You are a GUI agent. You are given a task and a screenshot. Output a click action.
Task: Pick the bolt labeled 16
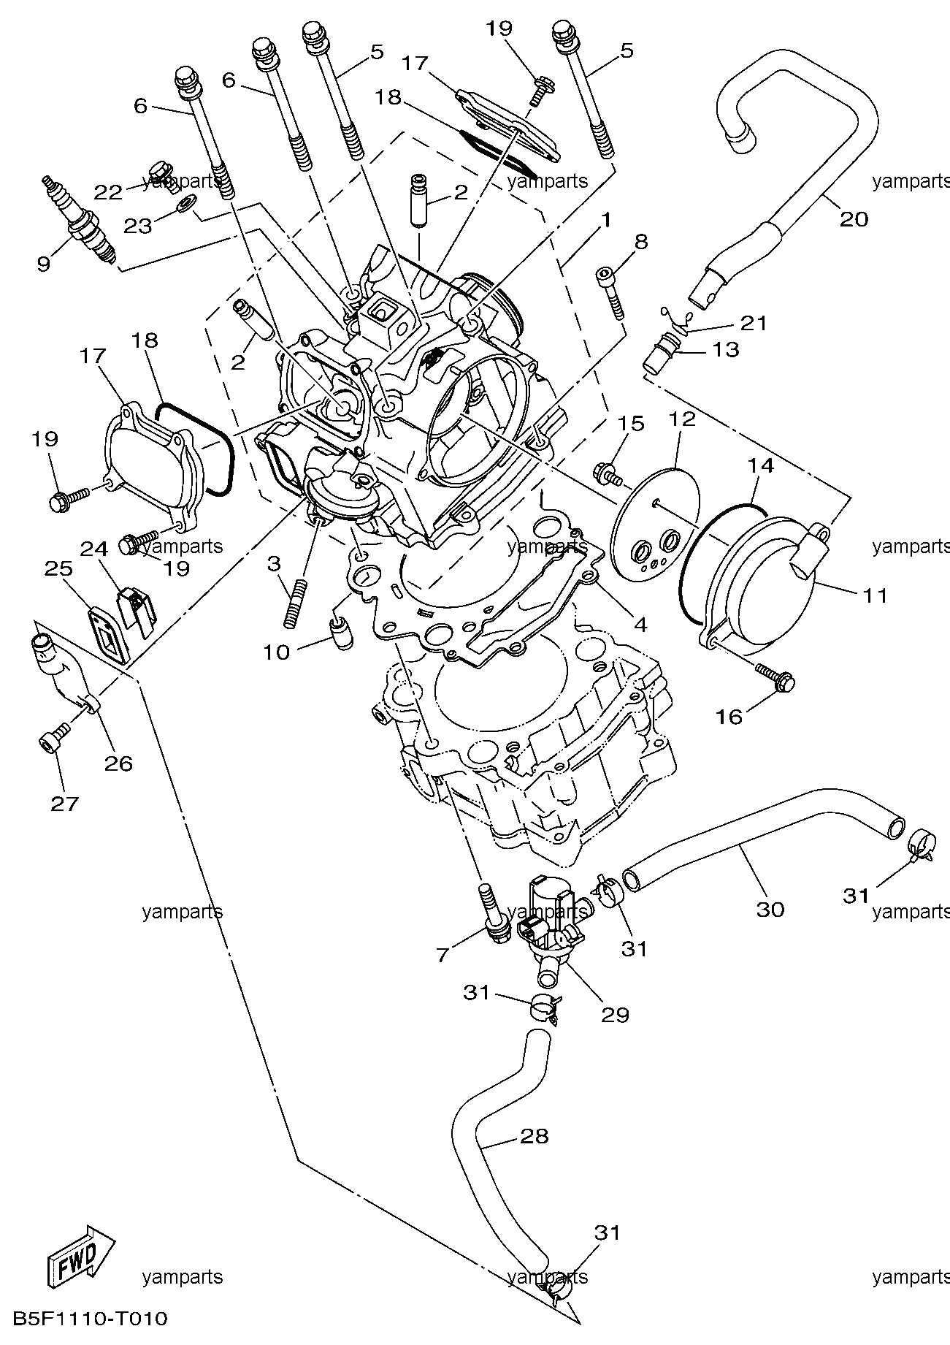774,677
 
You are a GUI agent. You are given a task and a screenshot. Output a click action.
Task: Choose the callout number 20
853,218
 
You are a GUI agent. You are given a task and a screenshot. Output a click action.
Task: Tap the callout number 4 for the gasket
640,624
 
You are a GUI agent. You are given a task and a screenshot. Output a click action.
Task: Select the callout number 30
770,909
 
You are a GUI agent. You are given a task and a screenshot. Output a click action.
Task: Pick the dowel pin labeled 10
341,630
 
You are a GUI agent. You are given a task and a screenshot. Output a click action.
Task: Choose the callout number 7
443,954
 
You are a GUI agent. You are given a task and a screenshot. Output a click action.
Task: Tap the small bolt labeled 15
608,473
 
